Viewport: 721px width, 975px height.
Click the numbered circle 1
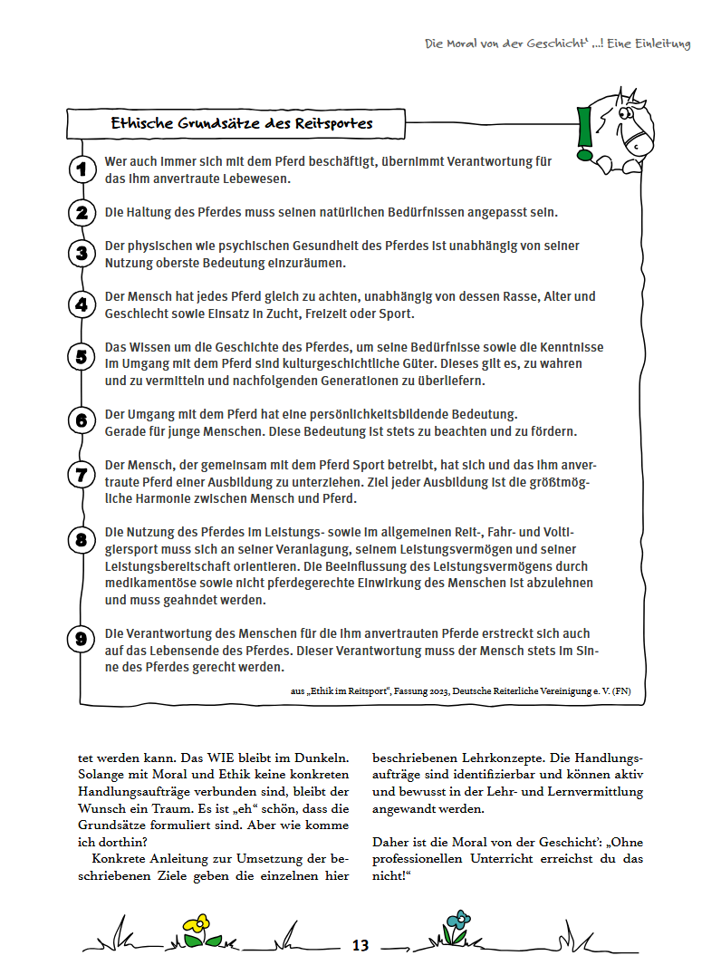pos(82,169)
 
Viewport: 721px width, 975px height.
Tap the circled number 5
pos(82,356)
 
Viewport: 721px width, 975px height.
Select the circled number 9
pos(82,639)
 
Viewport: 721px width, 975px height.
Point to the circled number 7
pos(82,473)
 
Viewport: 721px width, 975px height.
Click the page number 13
pos(360,946)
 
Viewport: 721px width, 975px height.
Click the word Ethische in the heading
pos(143,123)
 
